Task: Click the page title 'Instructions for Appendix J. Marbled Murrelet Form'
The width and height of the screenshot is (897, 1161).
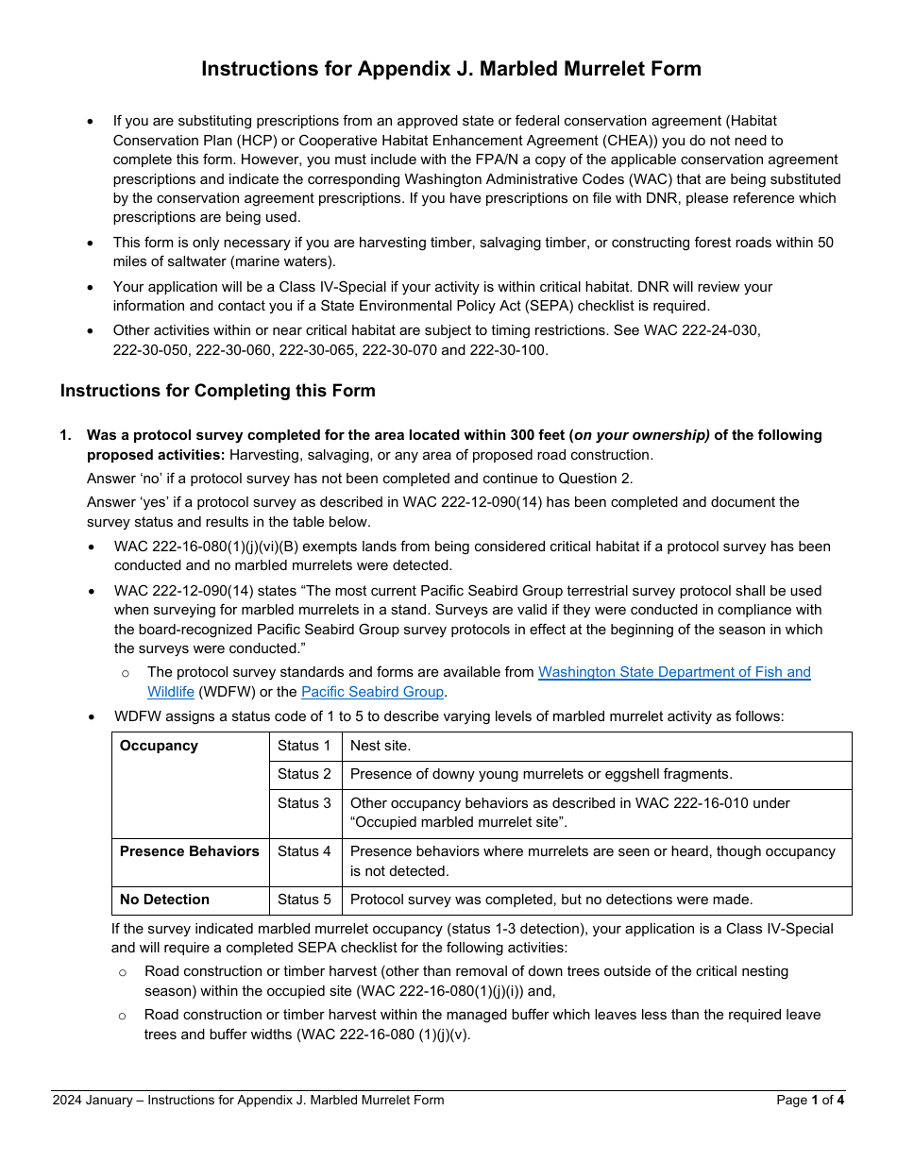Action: pyautogui.click(x=450, y=69)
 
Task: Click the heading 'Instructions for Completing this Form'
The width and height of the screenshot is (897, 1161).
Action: pyautogui.click(x=218, y=391)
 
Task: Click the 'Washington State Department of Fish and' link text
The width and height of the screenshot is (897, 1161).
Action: pyautogui.click(x=674, y=672)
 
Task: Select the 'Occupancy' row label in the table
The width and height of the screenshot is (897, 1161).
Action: pyautogui.click(x=159, y=746)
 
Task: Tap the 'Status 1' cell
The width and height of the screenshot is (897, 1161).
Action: pyautogui.click(x=304, y=746)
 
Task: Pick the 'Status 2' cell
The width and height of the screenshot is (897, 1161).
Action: pyautogui.click(x=304, y=774)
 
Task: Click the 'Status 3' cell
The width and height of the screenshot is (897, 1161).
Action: pyautogui.click(x=304, y=803)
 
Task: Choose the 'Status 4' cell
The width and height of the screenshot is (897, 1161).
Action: pyautogui.click(x=304, y=851)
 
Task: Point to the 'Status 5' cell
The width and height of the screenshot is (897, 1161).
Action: pyautogui.click(x=304, y=900)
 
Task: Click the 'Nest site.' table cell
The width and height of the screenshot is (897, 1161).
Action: pyautogui.click(x=380, y=746)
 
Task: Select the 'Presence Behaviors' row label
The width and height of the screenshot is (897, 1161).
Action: pyautogui.click(x=189, y=851)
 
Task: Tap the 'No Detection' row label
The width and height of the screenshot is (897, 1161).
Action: pyautogui.click(x=164, y=900)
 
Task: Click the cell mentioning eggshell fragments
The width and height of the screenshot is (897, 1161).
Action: pyautogui.click(x=541, y=774)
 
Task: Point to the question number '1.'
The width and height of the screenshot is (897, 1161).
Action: pyautogui.click(x=65, y=435)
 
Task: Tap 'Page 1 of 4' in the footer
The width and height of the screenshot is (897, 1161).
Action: pyautogui.click(x=810, y=1100)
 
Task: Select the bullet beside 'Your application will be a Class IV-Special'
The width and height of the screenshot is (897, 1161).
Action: pyautogui.click(x=90, y=288)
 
